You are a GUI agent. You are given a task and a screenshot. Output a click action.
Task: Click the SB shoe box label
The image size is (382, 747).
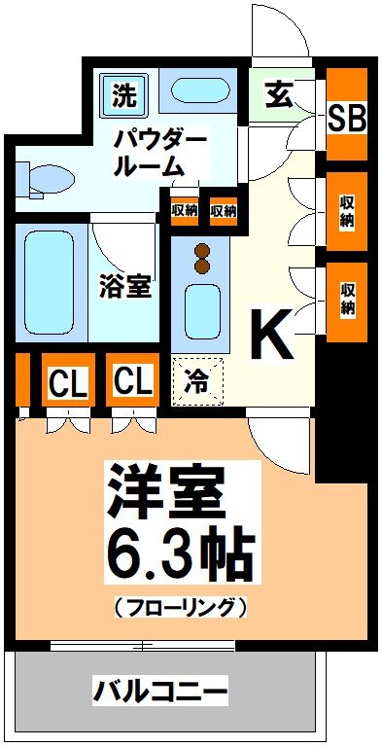[x=346, y=118]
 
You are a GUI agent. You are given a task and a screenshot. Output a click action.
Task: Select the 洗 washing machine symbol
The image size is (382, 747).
[x=123, y=95]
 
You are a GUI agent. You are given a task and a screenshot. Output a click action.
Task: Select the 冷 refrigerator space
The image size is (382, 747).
[x=197, y=380]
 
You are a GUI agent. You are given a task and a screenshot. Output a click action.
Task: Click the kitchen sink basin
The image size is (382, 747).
[x=201, y=311]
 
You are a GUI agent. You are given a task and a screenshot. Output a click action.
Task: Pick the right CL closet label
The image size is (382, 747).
[x=133, y=380]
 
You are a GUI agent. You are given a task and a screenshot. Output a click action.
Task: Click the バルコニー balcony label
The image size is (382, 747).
[x=160, y=693]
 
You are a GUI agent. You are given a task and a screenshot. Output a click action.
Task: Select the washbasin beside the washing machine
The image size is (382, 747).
[x=201, y=93]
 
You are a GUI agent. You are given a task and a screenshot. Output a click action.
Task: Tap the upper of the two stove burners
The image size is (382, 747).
[x=201, y=248]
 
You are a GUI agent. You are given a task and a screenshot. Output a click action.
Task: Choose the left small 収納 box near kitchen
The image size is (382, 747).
[x=183, y=209]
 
